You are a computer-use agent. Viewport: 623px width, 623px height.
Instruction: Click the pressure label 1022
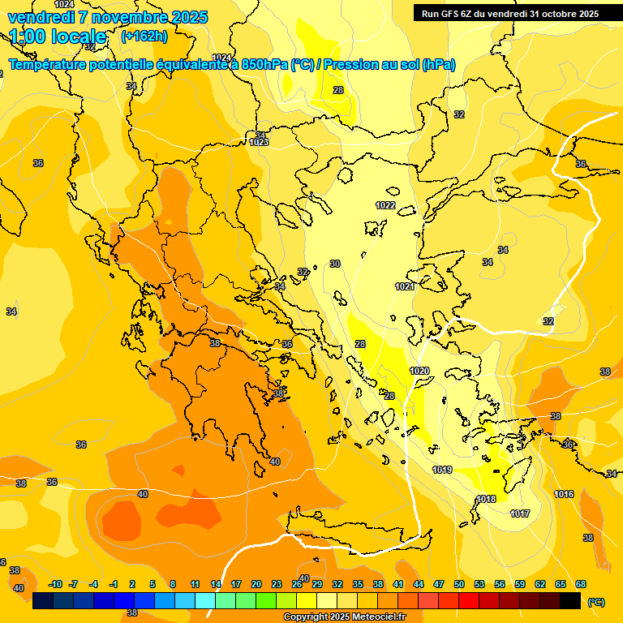coord(385,205)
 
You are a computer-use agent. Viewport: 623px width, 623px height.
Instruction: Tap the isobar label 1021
coord(405,287)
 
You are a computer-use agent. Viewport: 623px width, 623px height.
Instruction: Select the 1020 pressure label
coord(419,371)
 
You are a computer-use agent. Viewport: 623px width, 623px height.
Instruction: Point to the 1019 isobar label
coord(442,470)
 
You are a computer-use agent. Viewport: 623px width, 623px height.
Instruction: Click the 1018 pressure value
coord(486,499)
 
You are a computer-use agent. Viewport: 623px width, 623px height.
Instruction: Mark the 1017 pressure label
coord(520,513)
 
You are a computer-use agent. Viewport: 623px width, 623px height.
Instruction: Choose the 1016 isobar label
coord(565,494)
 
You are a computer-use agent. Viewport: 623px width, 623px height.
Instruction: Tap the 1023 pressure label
coord(259,142)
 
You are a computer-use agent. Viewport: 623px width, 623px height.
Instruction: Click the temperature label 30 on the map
coord(335,264)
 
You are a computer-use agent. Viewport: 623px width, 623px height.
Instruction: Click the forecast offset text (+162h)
coord(144,37)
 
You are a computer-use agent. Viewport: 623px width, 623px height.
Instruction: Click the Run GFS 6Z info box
coord(509,13)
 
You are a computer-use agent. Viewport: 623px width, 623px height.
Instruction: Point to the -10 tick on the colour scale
coord(55,584)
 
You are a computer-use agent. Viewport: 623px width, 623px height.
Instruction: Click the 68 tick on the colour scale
coord(581,584)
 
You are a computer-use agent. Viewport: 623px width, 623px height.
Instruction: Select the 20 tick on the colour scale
coord(256,584)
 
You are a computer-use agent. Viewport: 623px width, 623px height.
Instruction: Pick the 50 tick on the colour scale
coord(459,584)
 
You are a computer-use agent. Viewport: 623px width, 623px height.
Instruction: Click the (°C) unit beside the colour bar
coord(596,601)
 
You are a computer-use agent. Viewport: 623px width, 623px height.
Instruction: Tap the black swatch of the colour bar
coord(571,600)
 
